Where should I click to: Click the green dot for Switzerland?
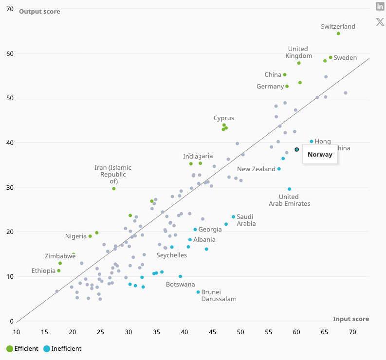pyautogui.click(x=338, y=34)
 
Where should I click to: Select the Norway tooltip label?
pyautogui.click(x=320, y=155)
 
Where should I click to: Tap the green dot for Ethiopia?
pyautogui.click(x=59, y=271)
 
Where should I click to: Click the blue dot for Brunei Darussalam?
pyautogui.click(x=198, y=292)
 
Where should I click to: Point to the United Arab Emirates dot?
pyautogui.click(x=289, y=189)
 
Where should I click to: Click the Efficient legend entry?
pyautogui.click(x=23, y=348)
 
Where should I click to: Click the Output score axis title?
pyautogui.click(x=39, y=11)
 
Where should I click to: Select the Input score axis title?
pyautogui.click(x=351, y=319)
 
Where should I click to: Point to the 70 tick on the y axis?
pyautogui.click(x=10, y=9)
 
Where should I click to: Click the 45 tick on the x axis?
pyautogui.click(x=213, y=332)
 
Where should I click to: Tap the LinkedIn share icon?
pyautogui.click(x=380, y=6)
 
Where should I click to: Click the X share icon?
pyautogui.click(x=380, y=22)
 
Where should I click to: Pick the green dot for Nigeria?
pyautogui.click(x=90, y=236)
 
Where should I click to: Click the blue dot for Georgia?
pyautogui.click(x=195, y=230)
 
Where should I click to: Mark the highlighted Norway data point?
pyautogui.click(x=296, y=150)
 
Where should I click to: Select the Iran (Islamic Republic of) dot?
pyautogui.click(x=114, y=189)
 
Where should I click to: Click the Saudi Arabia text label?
pyautogui.click(x=246, y=220)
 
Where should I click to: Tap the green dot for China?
pyautogui.click(x=285, y=75)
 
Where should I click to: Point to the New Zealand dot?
pyautogui.click(x=279, y=169)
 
